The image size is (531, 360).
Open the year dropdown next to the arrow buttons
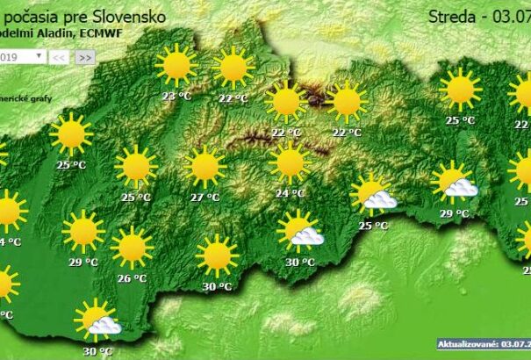pyautogui.click(x=23, y=56)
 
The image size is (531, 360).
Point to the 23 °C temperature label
pyautogui.click(x=176, y=97)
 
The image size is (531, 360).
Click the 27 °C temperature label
pyautogui.click(x=205, y=198)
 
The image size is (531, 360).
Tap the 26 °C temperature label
pyautogui.click(x=132, y=279)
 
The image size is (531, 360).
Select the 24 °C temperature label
pyautogui.click(x=289, y=193)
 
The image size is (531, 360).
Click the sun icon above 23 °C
pyautogui.click(x=176, y=66)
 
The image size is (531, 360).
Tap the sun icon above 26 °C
pyautogui.click(x=132, y=248)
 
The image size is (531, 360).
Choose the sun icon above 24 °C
pyautogui.click(x=289, y=162)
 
